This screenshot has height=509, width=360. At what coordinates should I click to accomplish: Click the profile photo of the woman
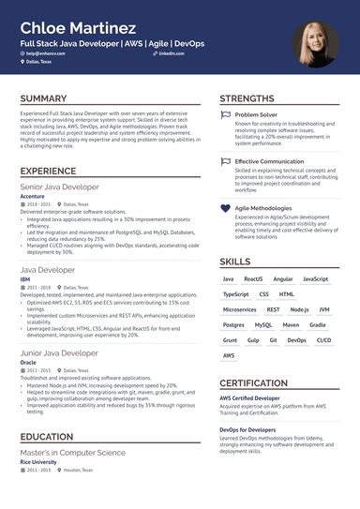[x=315, y=45]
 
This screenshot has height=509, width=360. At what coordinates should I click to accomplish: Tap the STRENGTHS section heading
[x=248, y=97]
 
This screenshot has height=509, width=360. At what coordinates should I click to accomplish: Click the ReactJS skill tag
[x=253, y=279]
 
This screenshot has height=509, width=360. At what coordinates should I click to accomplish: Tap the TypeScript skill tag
[x=235, y=293]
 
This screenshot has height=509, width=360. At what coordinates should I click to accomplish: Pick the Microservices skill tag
[x=240, y=308]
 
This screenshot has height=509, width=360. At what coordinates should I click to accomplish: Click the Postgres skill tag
[x=233, y=324]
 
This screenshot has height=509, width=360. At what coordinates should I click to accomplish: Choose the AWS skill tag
[x=229, y=355]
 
